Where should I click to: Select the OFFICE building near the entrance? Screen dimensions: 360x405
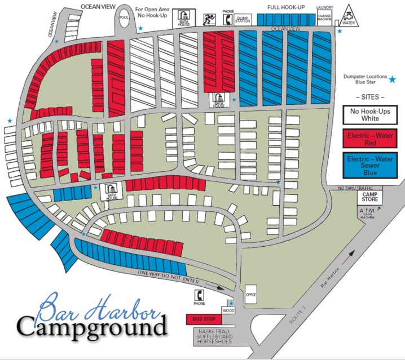[251, 294]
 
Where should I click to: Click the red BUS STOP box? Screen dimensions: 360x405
[202, 319]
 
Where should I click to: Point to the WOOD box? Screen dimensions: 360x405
[228, 310]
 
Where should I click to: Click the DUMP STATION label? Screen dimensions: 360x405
[243, 19]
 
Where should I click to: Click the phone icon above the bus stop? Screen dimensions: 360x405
[199, 295]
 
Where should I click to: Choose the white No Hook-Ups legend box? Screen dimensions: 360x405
[370, 114]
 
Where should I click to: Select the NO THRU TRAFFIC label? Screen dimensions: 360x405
[356, 188]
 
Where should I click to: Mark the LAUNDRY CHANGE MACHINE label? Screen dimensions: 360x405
[325, 14]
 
